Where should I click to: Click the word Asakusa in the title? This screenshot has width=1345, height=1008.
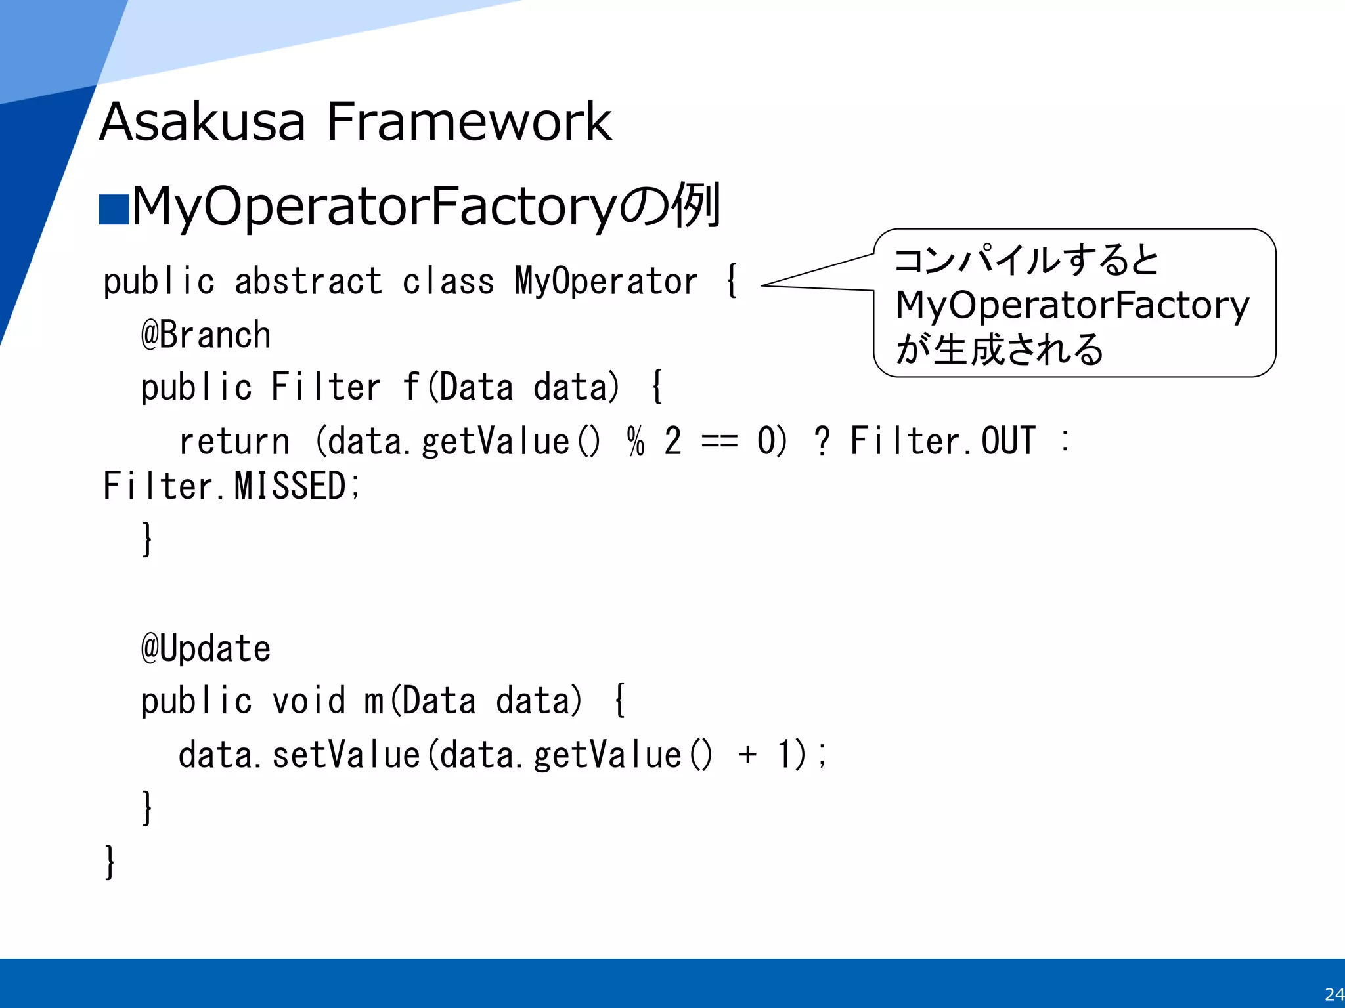click(x=202, y=122)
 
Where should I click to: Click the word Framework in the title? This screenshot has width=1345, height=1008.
click(x=469, y=122)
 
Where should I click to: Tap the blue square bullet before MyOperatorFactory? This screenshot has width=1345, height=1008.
click(x=114, y=210)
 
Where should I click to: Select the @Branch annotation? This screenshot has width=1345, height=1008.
click(x=206, y=335)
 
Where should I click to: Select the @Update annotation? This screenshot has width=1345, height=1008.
click(x=206, y=648)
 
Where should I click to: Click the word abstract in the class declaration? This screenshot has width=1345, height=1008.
click(x=308, y=282)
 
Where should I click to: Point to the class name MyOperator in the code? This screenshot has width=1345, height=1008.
click(x=606, y=282)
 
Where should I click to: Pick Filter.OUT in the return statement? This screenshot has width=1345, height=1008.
click(x=942, y=440)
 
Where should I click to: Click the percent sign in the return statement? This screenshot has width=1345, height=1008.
click(x=635, y=440)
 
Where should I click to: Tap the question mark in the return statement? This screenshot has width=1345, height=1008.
click(x=822, y=440)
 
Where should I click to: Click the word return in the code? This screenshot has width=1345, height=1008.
click(x=234, y=440)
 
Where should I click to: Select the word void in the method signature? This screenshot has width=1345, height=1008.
click(x=308, y=700)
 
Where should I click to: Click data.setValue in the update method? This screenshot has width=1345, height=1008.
click(x=299, y=755)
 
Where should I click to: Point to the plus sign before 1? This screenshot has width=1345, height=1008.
click(x=747, y=755)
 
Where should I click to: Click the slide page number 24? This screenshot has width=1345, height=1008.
click(x=1334, y=994)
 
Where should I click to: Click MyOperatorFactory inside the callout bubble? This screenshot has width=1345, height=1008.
click(x=1072, y=305)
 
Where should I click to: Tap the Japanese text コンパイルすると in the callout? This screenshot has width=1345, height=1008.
click(x=1026, y=260)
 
